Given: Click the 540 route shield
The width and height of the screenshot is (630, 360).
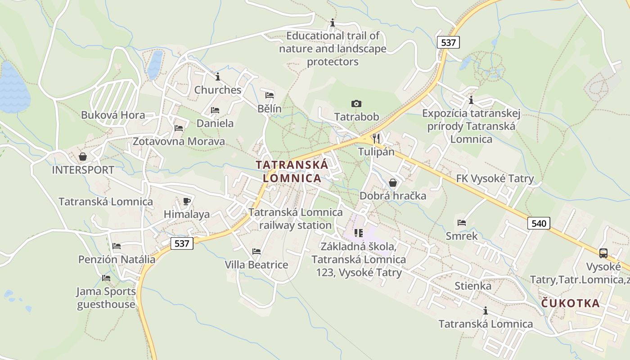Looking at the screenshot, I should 539,223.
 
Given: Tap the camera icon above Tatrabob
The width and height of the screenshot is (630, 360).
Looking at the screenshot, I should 356,104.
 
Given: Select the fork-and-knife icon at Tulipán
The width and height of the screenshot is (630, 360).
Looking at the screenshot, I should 376,138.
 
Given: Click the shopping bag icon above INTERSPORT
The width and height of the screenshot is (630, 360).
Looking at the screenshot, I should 83,157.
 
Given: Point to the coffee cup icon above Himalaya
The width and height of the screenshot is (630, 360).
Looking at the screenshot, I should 187,201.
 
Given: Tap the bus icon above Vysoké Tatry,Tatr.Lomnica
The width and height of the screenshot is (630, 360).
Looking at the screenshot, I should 603,253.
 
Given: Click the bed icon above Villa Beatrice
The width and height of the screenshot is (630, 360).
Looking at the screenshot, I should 256,251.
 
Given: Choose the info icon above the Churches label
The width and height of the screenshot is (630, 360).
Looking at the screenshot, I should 218,76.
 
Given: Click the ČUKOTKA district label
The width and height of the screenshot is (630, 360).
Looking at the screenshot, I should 570,303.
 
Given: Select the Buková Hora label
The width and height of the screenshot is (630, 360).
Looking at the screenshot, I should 113,115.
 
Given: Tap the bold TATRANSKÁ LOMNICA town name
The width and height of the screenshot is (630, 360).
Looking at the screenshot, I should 292,171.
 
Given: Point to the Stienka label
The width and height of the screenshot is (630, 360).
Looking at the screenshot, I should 473,286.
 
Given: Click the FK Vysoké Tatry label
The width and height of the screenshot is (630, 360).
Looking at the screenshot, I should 495,179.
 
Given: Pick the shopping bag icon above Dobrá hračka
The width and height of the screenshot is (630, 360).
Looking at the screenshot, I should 393,182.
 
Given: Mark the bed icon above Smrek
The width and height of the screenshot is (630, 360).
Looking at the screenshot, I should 461,222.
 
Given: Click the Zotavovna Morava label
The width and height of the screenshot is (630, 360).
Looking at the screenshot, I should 179,141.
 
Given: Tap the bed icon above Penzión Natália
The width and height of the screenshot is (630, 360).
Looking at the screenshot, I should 117,246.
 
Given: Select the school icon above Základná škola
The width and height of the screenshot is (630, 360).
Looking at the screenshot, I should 359,233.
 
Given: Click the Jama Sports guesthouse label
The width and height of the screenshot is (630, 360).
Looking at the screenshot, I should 106,298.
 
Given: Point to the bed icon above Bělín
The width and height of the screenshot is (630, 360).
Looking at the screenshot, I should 270,95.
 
